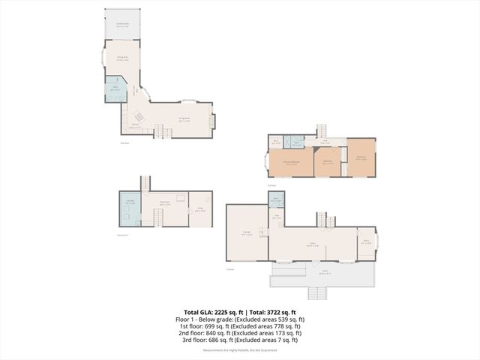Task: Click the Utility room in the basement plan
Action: (x=199, y=210)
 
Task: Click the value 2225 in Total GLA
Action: (x=223, y=312)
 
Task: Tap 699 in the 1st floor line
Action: (x=214, y=326)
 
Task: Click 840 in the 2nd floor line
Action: (x=217, y=333)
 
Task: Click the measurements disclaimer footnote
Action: (x=240, y=350)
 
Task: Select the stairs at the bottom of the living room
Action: (x=159, y=133)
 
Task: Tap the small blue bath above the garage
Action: (x=276, y=200)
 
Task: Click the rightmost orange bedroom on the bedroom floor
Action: (x=361, y=158)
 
